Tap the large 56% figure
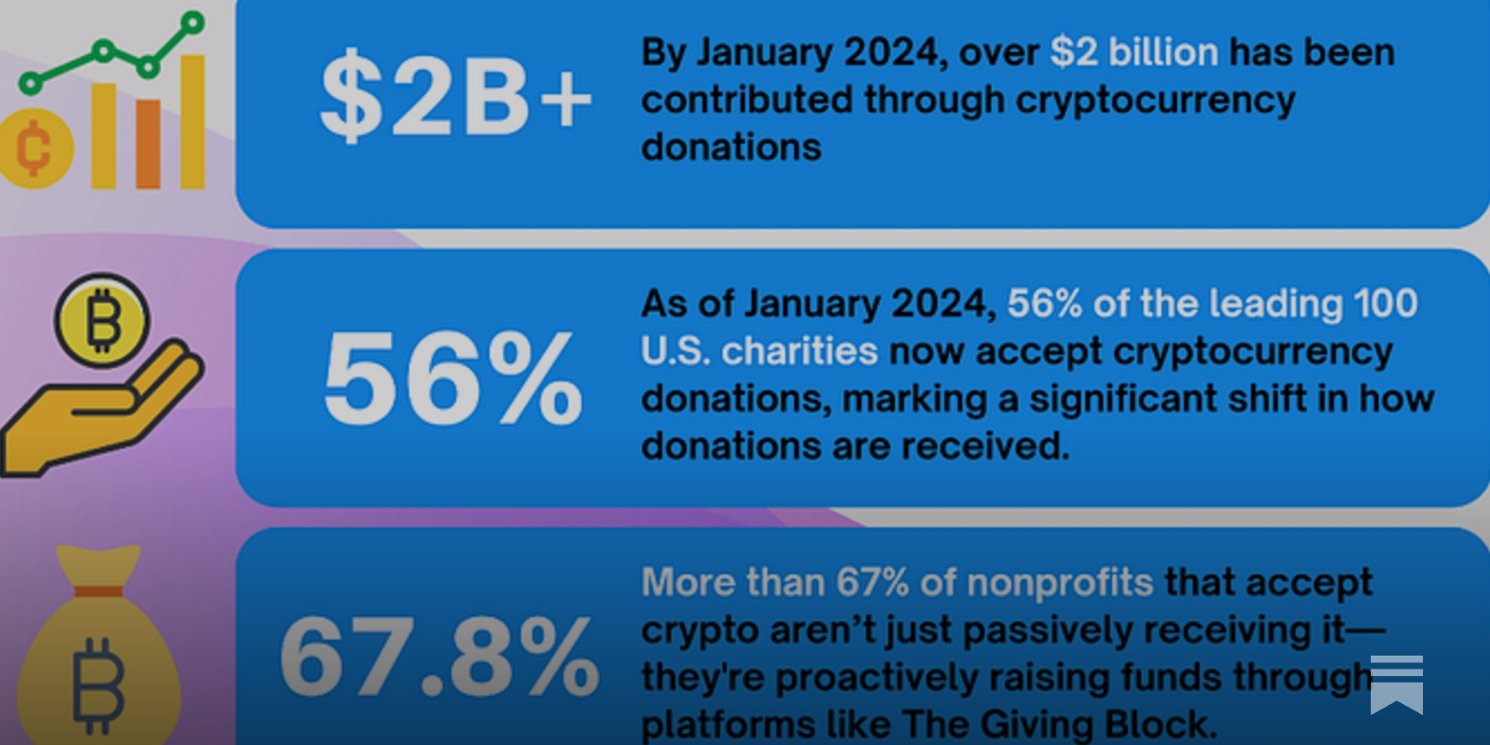(x=453, y=380)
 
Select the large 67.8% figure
(x=439, y=657)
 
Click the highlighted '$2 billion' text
(x=1133, y=53)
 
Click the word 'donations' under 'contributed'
(x=731, y=147)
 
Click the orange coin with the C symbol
(x=34, y=149)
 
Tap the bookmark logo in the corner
(x=1396, y=684)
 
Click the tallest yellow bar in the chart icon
(x=191, y=121)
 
